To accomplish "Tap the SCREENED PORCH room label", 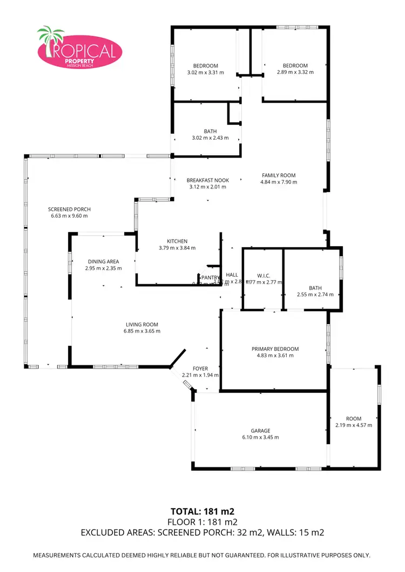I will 69,209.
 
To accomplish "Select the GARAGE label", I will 260,431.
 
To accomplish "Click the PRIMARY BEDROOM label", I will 275,349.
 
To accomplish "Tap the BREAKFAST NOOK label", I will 208,180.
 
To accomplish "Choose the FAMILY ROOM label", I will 279,175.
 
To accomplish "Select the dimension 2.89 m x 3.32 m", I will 295,72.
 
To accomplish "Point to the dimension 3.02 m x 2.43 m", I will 210,138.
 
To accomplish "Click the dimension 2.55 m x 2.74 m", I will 315,295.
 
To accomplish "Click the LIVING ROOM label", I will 143,324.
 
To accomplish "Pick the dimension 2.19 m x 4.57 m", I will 354,425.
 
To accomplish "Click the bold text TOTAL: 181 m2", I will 202,510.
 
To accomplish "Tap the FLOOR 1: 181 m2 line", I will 202,521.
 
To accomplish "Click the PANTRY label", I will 211,277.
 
